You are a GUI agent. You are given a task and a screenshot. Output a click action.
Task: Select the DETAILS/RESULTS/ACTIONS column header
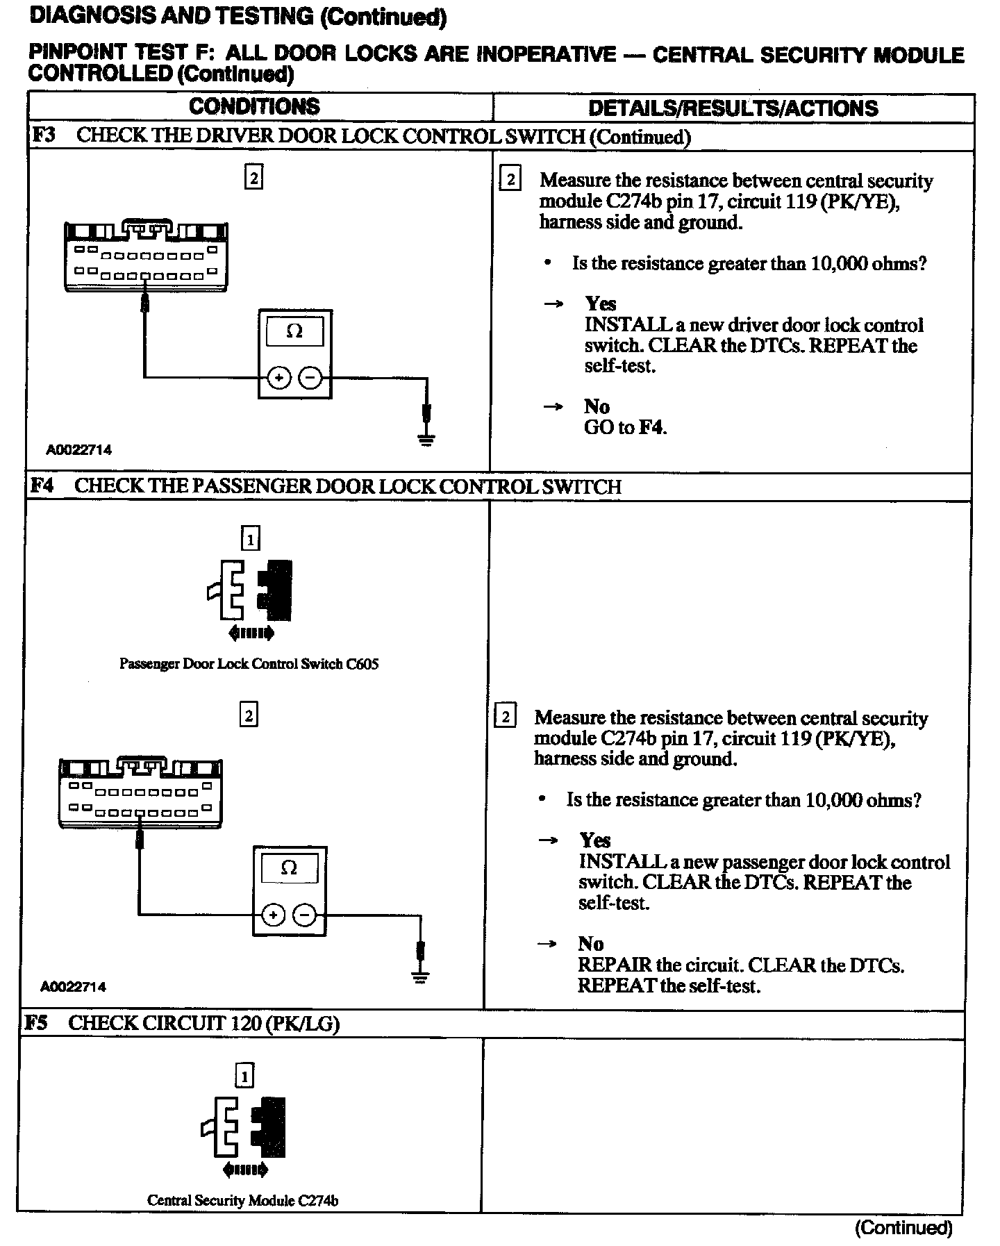point(733,108)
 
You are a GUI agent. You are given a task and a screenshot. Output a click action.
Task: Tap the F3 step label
point(43,135)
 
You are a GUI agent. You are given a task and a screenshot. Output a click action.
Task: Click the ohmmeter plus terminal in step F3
point(278,378)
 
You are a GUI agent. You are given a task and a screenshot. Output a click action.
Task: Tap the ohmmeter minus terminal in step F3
point(310,378)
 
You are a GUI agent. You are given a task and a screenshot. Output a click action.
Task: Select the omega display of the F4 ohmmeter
point(289,868)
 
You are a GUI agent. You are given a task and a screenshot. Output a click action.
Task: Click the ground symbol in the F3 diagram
point(426,438)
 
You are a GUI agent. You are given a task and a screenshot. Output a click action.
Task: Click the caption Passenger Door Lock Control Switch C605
point(249,663)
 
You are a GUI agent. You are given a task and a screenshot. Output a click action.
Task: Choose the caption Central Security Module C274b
point(242,1200)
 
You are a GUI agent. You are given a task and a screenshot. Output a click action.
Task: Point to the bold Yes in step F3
point(600,304)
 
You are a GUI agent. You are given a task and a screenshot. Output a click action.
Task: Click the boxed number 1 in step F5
point(244,1076)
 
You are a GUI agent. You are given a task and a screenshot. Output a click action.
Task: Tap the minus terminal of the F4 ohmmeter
point(305,915)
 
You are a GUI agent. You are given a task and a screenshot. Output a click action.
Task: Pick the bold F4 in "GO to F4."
point(651,427)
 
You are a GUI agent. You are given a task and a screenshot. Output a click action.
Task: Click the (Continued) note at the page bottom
point(903,1227)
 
